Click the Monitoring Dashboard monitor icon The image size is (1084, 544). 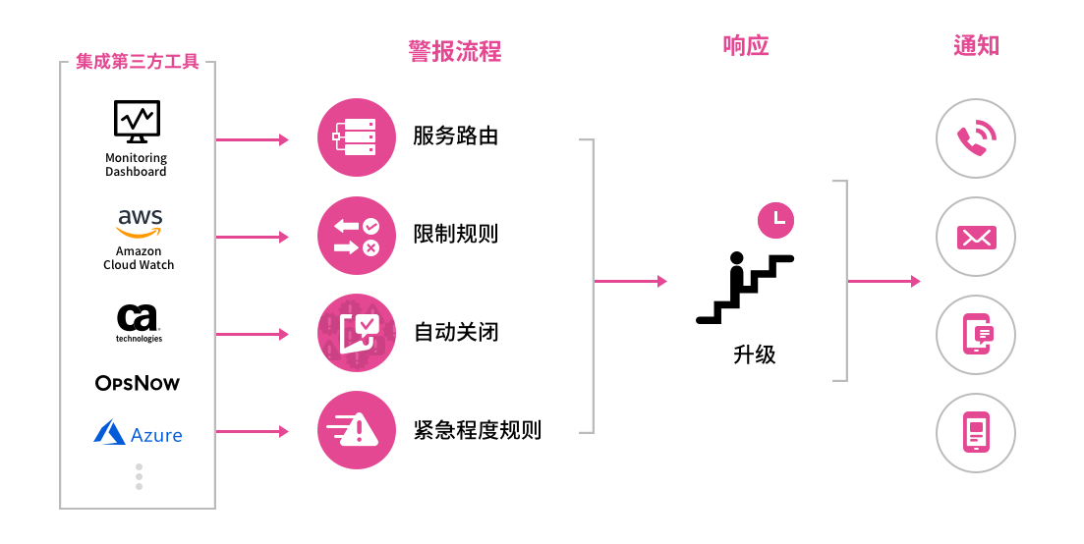click(x=137, y=122)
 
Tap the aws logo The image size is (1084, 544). click(x=140, y=222)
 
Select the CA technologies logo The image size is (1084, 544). click(x=139, y=319)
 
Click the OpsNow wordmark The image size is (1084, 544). click(x=138, y=383)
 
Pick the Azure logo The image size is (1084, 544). click(x=139, y=433)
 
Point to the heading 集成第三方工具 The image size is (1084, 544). click(x=138, y=62)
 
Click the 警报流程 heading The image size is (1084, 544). click(x=455, y=50)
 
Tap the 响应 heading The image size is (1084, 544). click(x=746, y=45)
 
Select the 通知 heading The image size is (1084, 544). click(x=976, y=45)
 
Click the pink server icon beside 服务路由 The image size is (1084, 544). click(x=356, y=137)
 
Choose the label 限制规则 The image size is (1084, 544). click(x=456, y=235)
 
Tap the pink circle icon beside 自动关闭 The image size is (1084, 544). click(x=356, y=333)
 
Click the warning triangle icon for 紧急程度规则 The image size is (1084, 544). click(x=356, y=430)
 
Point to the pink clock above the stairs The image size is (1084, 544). click(x=776, y=219)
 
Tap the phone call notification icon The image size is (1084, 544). click(x=975, y=138)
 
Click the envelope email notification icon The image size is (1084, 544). click(x=975, y=237)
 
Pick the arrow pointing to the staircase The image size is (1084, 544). click(x=630, y=282)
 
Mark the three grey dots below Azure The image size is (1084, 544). click(x=139, y=477)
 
